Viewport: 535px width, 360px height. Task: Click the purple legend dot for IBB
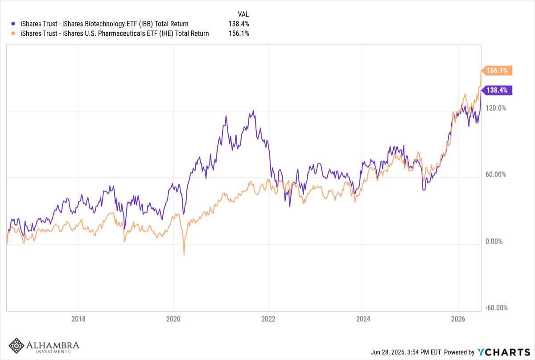[x=13, y=24]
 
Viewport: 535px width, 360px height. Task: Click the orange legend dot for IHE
[x=13, y=33]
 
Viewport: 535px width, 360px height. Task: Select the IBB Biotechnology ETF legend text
[x=104, y=24]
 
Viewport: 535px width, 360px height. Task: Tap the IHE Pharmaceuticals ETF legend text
[x=115, y=33]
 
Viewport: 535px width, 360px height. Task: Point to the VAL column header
[x=243, y=14]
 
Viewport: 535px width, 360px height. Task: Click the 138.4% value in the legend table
[x=239, y=24]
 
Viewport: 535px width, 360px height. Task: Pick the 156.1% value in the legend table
[x=239, y=33]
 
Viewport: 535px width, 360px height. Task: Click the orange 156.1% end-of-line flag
[x=497, y=70]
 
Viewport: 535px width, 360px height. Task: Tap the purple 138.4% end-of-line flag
[x=497, y=90]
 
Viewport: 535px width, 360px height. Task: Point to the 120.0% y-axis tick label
[x=496, y=108]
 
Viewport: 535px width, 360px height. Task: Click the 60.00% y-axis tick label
[x=496, y=174]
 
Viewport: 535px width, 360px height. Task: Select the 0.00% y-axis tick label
[x=494, y=241]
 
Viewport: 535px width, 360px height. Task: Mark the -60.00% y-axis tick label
[x=496, y=308]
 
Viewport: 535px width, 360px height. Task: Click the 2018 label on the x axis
[x=78, y=319]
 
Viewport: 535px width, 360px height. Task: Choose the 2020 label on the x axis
[x=173, y=319]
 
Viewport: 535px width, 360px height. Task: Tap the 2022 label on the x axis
[x=268, y=319]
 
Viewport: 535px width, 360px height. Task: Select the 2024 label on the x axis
[x=363, y=319]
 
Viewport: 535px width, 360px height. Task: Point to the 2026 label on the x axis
[x=458, y=319]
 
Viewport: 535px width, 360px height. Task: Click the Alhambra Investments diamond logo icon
[x=16, y=346]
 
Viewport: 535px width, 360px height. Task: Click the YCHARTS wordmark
[x=504, y=352]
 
